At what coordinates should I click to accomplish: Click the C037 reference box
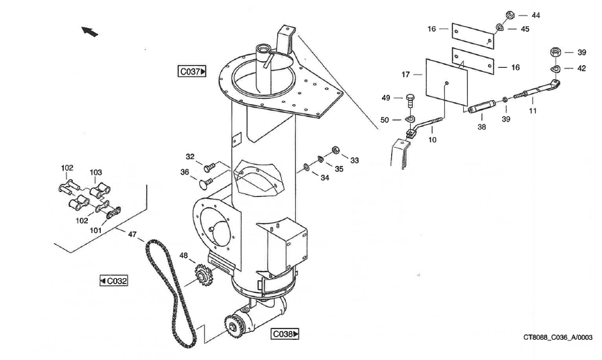coord(192,71)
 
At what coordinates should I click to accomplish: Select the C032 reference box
coord(113,280)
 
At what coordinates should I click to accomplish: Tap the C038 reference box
coord(285,334)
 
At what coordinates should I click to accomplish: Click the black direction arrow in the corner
coord(89,31)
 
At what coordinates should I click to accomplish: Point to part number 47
coord(132,234)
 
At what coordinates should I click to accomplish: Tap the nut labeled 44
coord(509,15)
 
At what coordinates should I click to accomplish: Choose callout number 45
coord(525,29)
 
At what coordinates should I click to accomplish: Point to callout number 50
coord(385,120)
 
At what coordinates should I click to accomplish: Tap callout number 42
coord(581,68)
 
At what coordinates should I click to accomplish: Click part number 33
coord(354,160)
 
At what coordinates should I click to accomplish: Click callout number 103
coord(96,173)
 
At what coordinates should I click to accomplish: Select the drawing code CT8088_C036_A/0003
coord(558,339)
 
